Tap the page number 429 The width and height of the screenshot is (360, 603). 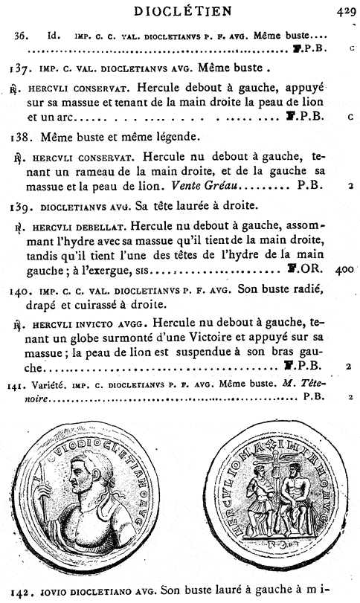(345, 11)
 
